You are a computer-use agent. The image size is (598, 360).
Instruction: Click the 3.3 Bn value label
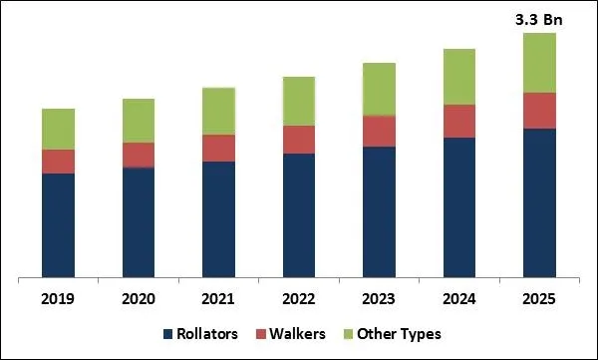(540, 18)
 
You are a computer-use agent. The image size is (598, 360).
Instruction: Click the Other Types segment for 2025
(540, 63)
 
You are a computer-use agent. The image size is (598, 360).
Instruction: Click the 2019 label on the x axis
(59, 296)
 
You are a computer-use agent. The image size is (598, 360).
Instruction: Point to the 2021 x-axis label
(219, 296)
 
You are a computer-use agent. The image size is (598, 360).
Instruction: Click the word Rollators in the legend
(211, 334)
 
